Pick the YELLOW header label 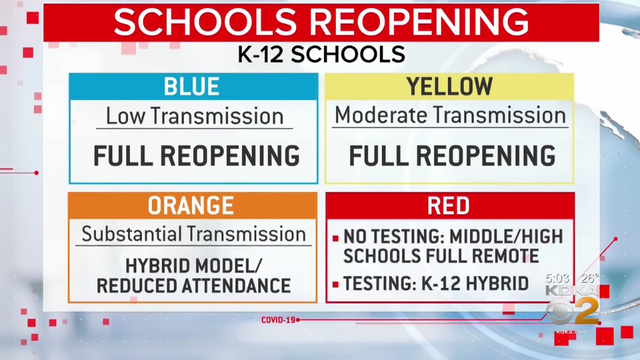pos(448,87)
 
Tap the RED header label pos(448,206)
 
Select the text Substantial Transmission pos(194,235)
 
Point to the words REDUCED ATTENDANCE pos(194,286)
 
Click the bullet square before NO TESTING pos(336,238)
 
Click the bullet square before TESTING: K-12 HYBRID pos(336,284)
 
